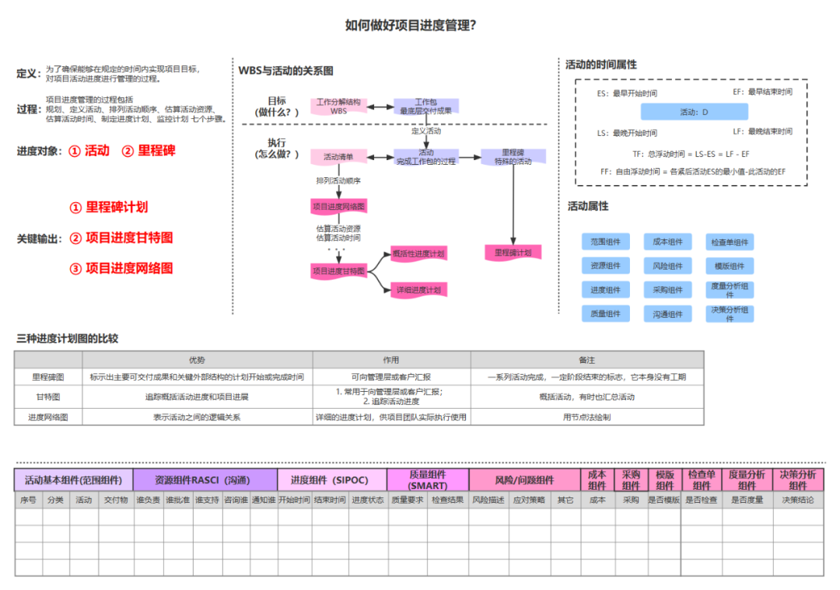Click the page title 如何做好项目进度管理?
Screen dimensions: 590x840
point(411,26)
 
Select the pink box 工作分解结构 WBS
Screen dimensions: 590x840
point(339,106)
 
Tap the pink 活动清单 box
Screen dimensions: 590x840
point(339,157)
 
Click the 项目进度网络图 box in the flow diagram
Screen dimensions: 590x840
point(339,206)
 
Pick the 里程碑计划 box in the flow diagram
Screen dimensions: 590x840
point(513,253)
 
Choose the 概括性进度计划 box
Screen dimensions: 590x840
point(418,253)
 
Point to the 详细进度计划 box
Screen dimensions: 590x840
point(418,290)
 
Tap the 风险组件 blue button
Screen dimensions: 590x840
point(668,266)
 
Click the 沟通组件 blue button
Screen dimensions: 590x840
point(668,314)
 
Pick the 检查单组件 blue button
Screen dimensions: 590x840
point(730,242)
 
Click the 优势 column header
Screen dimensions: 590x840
point(198,360)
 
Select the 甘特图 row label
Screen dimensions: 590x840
point(48,397)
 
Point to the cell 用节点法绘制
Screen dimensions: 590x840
point(586,417)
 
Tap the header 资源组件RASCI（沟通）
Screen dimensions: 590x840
point(205,480)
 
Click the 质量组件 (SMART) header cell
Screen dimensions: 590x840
point(428,480)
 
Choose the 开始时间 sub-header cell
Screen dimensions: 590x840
point(294,500)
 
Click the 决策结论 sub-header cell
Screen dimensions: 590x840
point(798,500)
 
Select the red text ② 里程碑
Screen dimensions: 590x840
point(149,151)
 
